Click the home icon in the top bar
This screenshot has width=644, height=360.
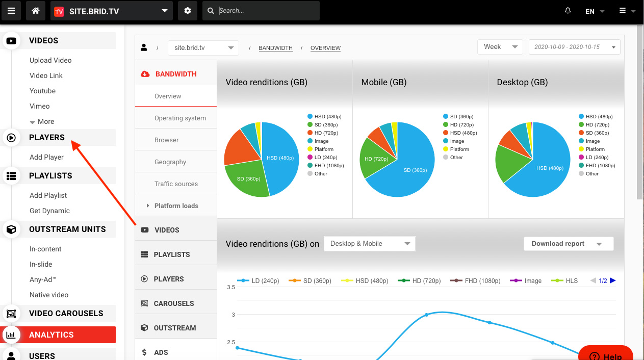(36, 11)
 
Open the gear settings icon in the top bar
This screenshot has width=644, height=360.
(188, 11)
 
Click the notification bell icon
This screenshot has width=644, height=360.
(568, 11)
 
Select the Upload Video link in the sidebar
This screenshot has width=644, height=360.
(50, 60)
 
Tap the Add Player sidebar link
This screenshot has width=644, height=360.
(46, 157)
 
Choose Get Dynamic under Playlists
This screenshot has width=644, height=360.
(49, 211)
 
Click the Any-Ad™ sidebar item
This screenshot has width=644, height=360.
(43, 279)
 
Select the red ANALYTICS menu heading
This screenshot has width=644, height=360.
(51, 335)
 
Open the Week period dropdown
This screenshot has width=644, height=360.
(500, 47)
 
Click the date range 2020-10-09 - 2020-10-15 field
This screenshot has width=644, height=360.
(574, 47)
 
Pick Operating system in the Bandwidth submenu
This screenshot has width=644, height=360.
(180, 118)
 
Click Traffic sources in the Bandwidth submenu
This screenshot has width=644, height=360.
(176, 184)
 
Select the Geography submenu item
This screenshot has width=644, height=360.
(170, 162)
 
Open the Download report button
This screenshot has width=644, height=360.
(568, 244)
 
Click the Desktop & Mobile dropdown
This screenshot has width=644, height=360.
(369, 244)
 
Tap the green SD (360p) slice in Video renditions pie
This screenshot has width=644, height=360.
(248, 179)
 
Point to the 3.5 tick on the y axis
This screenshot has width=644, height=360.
(231, 288)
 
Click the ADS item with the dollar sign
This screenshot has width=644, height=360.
(161, 352)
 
